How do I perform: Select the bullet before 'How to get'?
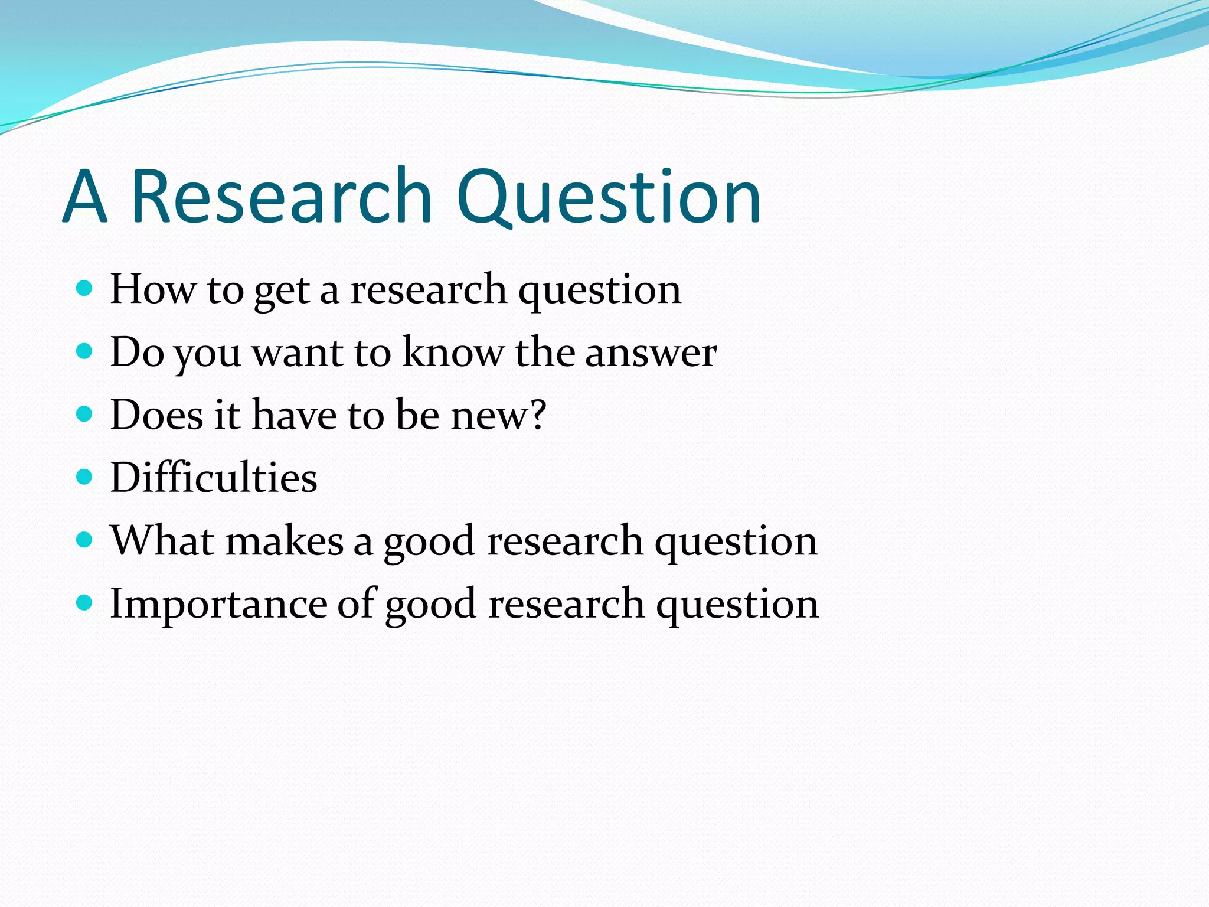[x=85, y=288]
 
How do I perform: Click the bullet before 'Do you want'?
[x=85, y=351]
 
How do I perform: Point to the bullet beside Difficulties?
[x=85, y=477]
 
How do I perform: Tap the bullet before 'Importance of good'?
[x=85, y=602]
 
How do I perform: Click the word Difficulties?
[x=214, y=477]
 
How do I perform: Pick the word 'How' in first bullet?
[x=152, y=289]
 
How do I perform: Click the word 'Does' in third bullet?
[x=156, y=415]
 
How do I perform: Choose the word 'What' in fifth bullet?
[x=162, y=540]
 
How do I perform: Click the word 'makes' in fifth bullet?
[x=284, y=541]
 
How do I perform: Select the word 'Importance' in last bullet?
[x=218, y=604]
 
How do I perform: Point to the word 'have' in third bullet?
[x=293, y=415]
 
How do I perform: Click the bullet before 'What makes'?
[x=85, y=539]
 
